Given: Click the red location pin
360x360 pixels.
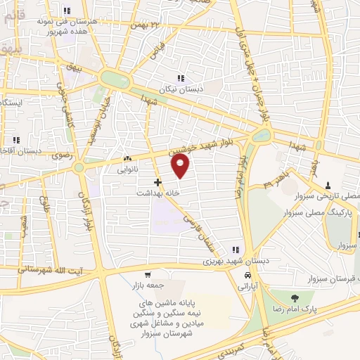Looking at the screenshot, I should click(x=181, y=165).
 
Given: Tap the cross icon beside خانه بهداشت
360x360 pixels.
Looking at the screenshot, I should click(x=157, y=182).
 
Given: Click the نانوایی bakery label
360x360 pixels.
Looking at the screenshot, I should click(x=127, y=169).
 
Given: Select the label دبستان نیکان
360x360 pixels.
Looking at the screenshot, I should click(x=181, y=89).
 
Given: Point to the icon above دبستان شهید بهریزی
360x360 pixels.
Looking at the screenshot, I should click(x=236, y=250).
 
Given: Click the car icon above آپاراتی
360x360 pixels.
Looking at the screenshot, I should click(x=245, y=276).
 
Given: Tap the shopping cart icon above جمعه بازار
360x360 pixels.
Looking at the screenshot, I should click(x=148, y=275).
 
